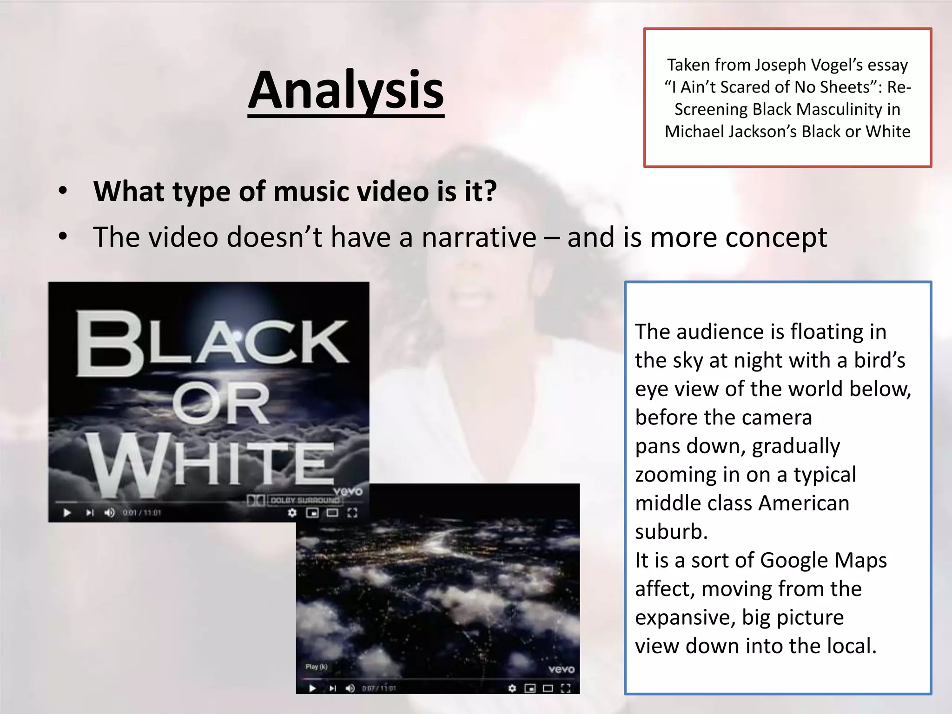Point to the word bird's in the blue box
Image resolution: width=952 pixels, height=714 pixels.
pos(879,360)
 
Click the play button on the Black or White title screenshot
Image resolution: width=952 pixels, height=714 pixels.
pos(67,513)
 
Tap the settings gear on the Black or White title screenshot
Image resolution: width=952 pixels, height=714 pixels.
pos(292,513)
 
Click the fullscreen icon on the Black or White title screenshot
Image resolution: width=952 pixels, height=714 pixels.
pos(352,513)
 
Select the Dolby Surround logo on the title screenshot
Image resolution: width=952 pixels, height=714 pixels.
pos(294,500)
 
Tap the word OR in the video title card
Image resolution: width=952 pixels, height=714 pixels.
pos(221,403)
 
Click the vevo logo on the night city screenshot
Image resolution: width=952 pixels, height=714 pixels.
pos(561,669)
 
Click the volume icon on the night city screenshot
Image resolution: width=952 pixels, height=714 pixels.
pos(350,688)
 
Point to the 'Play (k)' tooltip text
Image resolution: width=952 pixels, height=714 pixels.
pos(316,667)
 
